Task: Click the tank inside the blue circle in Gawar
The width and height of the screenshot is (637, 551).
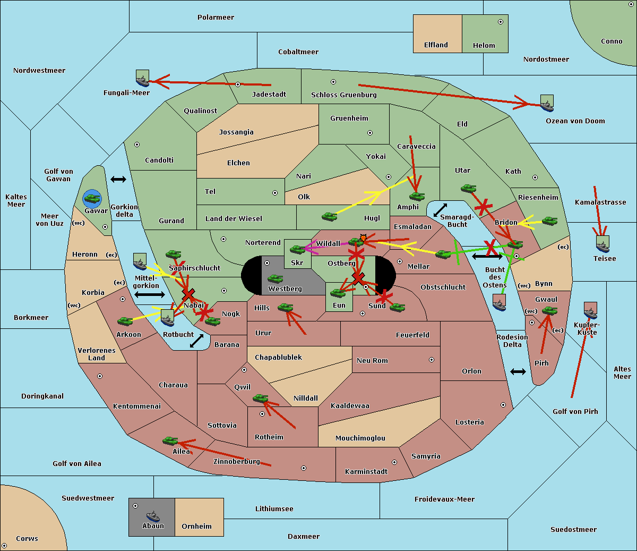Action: tap(92, 198)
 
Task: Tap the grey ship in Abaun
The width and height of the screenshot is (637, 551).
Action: tap(153, 516)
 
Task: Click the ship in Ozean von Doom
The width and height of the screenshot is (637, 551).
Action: tap(547, 103)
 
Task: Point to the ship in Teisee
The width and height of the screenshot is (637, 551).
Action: tap(602, 244)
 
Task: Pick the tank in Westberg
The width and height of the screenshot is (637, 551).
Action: tap(275, 279)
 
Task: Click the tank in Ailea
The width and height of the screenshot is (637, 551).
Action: tap(170, 440)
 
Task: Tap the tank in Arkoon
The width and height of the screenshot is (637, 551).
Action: tap(125, 321)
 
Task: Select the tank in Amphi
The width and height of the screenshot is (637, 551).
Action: tap(417, 196)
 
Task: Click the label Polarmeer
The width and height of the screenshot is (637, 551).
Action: tap(216, 18)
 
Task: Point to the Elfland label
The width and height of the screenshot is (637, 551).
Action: tap(436, 45)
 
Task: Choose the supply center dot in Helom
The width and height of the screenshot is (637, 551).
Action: tap(501, 22)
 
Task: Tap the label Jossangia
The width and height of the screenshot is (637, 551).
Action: tap(236, 132)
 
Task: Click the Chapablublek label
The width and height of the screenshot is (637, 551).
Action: tap(278, 357)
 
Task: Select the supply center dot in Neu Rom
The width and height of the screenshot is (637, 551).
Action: tap(432, 360)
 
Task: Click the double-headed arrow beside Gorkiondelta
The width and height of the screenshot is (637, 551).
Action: tap(118, 179)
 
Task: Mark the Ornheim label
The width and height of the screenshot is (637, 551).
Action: tap(196, 526)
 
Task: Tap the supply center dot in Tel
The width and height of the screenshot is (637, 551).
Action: tap(275, 193)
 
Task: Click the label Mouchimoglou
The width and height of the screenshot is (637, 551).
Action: tap(360, 438)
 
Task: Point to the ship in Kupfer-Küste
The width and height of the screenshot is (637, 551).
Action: tap(590, 310)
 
